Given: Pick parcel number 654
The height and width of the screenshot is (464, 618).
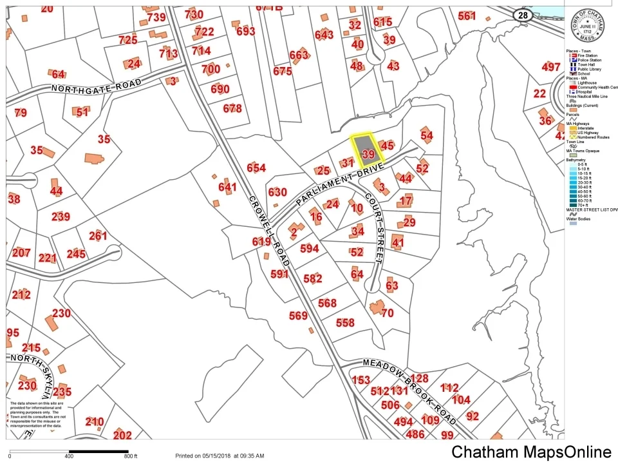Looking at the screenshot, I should pyautogui.click(x=256, y=168).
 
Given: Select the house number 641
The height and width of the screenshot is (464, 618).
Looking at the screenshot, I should pyautogui.click(x=227, y=187).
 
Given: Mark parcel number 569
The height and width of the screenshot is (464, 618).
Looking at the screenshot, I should pyautogui.click(x=298, y=315).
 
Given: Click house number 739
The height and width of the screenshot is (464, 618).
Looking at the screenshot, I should pyautogui.click(x=156, y=17).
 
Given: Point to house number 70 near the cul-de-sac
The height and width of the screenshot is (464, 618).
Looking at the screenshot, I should pyautogui.click(x=387, y=313).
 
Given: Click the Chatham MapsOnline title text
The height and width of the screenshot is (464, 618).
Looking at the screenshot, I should pyautogui.click(x=531, y=452).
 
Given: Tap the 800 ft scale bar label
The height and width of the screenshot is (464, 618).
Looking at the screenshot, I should pyautogui.click(x=130, y=456).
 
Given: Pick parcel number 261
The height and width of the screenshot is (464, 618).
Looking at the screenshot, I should pyautogui.click(x=98, y=236).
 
